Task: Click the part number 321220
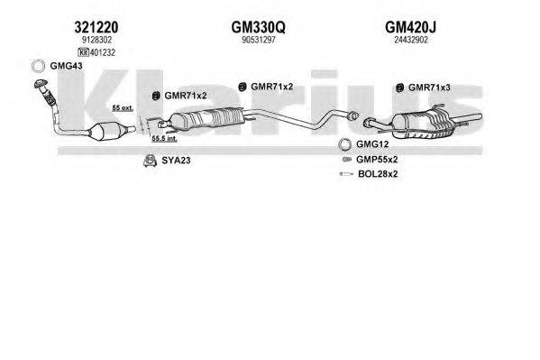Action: click(96, 27)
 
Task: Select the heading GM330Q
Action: click(259, 27)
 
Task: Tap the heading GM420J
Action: click(410, 27)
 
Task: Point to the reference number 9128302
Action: click(96, 40)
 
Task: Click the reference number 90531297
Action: click(259, 40)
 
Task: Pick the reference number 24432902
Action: click(411, 40)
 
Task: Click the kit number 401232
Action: click(102, 52)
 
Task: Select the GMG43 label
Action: click(66, 66)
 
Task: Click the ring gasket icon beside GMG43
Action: click(38, 66)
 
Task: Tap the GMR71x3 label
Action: click(429, 88)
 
